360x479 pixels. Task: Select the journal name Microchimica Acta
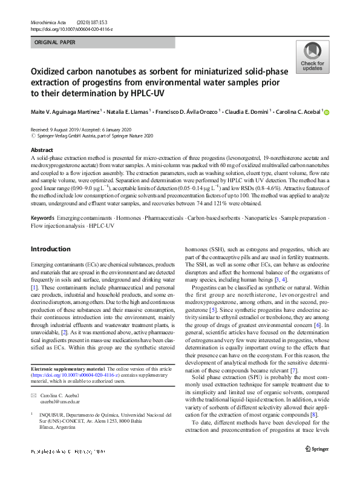(x=49, y=21)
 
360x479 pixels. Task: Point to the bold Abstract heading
(x=42, y=150)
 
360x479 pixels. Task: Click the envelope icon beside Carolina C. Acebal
(x=34, y=395)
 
